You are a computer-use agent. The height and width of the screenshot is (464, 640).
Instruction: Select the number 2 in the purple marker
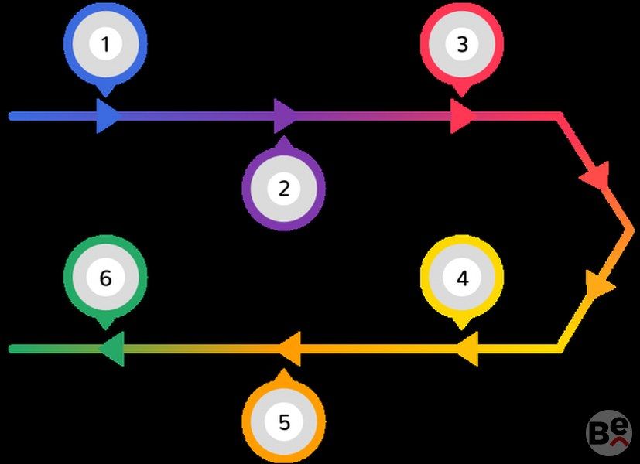tap(283, 188)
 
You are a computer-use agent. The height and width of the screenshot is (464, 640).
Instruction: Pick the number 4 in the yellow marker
tap(462, 278)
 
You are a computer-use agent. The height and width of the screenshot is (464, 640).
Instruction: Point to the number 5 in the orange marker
tap(283, 422)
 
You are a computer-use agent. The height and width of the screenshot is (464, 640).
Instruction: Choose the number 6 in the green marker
tap(105, 278)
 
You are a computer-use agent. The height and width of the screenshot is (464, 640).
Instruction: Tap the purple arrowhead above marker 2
tap(285, 117)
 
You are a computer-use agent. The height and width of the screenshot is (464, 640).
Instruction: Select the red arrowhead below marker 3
tap(461, 117)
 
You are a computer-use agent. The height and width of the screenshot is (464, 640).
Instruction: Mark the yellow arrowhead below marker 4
tap(467, 350)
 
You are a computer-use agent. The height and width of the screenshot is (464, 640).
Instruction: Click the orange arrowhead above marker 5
tap(289, 350)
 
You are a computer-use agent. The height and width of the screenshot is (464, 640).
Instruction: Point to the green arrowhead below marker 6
tap(112, 350)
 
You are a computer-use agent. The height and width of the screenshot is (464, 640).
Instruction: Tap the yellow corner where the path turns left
tap(559, 349)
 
